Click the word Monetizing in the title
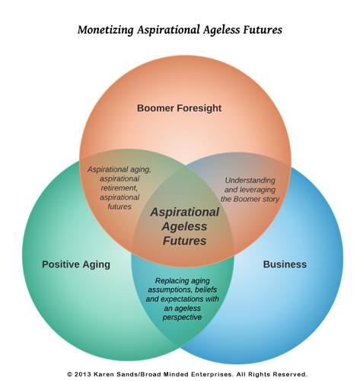106,30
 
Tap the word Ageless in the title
221,30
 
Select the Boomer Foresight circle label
179,108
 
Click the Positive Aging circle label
76,264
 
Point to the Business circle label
285,264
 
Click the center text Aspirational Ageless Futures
184,226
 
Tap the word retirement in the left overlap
119,188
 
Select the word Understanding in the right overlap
250,181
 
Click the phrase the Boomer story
250,199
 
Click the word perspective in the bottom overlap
182,318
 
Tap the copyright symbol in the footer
69,374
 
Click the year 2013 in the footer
83,374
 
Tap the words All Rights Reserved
272,374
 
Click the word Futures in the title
263,30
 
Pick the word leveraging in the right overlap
257,190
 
